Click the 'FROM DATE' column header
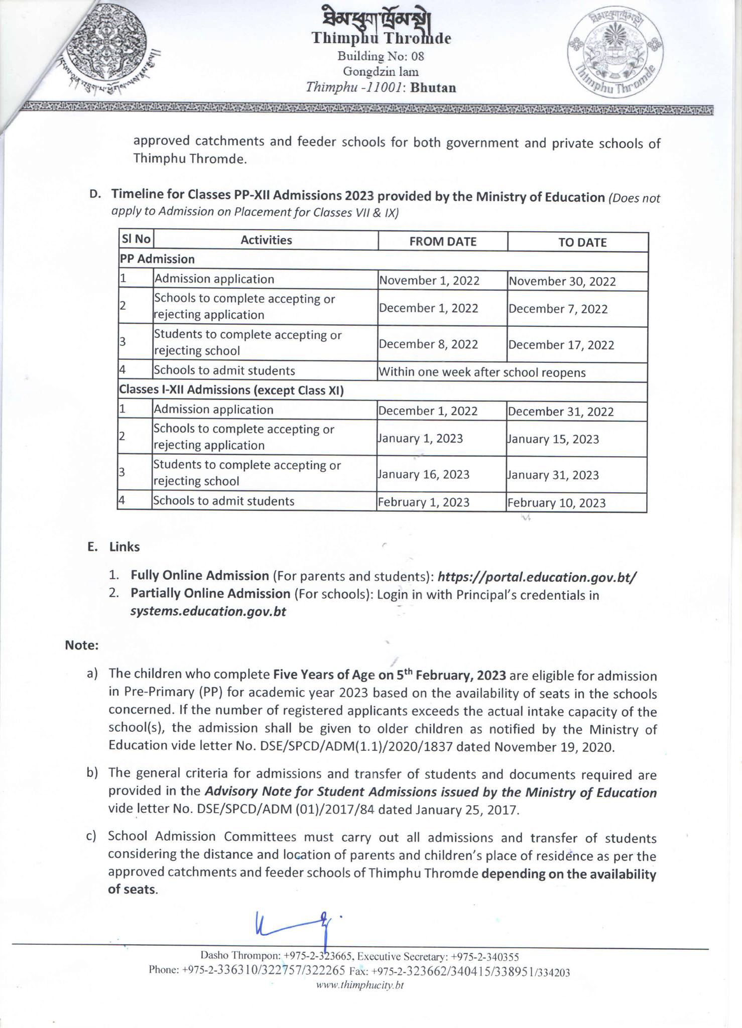[x=442, y=241]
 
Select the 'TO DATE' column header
[x=582, y=242]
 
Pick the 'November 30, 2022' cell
[x=562, y=282]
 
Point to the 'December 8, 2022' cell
[x=428, y=344]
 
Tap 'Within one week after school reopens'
[x=482, y=372]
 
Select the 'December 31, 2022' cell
[x=560, y=412]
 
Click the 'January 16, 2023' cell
[x=424, y=474]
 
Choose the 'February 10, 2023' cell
[x=556, y=503]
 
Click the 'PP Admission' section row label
[x=157, y=260]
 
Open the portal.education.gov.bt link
[x=537, y=577]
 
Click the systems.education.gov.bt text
[x=208, y=612]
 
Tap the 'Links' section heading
[x=125, y=547]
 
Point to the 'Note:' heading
[x=81, y=645]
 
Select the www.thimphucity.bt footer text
[x=359, y=985]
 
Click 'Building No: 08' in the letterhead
[x=381, y=56]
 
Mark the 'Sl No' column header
[x=136, y=239]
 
